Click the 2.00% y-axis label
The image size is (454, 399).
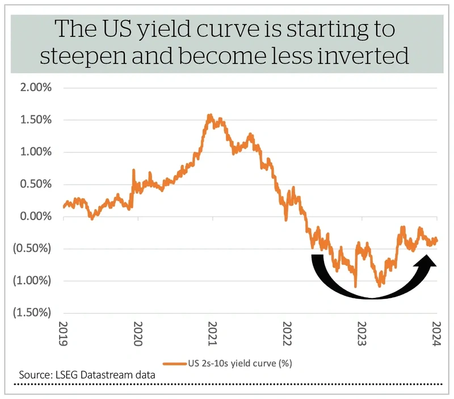click(36, 88)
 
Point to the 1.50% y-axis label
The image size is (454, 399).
click(36, 119)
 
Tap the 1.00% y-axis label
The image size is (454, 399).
click(36, 152)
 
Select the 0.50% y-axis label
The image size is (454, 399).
click(36, 184)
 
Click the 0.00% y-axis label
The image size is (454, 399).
click(36, 216)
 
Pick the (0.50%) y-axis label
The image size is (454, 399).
click(32, 248)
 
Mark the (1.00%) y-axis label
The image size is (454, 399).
click(32, 281)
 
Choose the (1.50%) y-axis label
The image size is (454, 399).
click(32, 313)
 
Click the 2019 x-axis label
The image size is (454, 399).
click(63, 334)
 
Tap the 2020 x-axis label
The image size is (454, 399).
click(138, 334)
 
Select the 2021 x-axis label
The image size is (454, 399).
click(212, 334)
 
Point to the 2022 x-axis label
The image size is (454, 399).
click(287, 334)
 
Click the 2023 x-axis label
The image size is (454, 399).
click(361, 334)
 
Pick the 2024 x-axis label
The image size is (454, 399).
click(436, 334)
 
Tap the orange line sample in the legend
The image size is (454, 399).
click(175, 364)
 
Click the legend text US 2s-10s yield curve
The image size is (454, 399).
click(232, 363)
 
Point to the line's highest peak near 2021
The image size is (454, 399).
click(210, 115)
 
